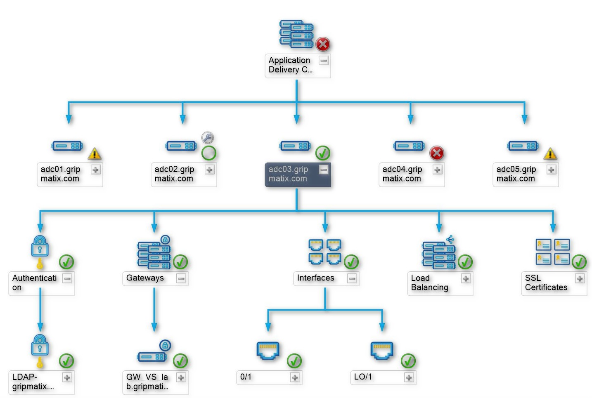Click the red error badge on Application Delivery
pyautogui.click(x=323, y=44)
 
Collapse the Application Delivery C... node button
pyautogui.click(x=324, y=61)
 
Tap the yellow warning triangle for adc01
pyautogui.click(x=95, y=154)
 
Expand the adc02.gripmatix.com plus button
pyautogui.click(x=210, y=170)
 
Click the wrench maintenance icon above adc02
pyautogui.click(x=207, y=137)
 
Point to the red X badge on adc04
pyautogui.click(x=437, y=153)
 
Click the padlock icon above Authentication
pyautogui.click(x=40, y=246)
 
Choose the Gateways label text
pyautogui.click(x=145, y=278)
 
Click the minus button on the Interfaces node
pyautogui.click(x=352, y=278)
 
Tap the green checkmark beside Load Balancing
pyautogui.click(x=465, y=262)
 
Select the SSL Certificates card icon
pyautogui.click(x=552, y=252)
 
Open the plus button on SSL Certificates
pyautogui.click(x=580, y=278)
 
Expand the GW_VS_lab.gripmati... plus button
pyautogui.click(x=181, y=377)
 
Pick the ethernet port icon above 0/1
pyautogui.click(x=268, y=350)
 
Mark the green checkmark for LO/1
pyautogui.click(x=408, y=361)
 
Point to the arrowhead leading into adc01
pyautogui.click(x=69, y=119)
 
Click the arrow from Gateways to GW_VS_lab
pyautogui.click(x=154, y=310)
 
